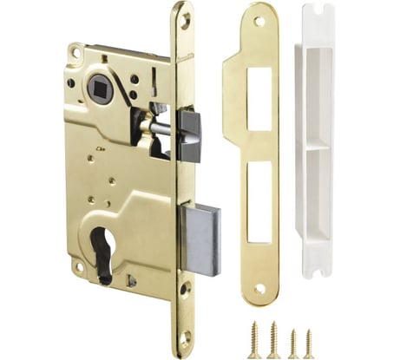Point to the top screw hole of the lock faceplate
pyautogui.click(x=183, y=18)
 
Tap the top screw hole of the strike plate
pyautogui.click(x=259, y=19)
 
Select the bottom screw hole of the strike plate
pyautogui.click(x=258, y=290)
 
